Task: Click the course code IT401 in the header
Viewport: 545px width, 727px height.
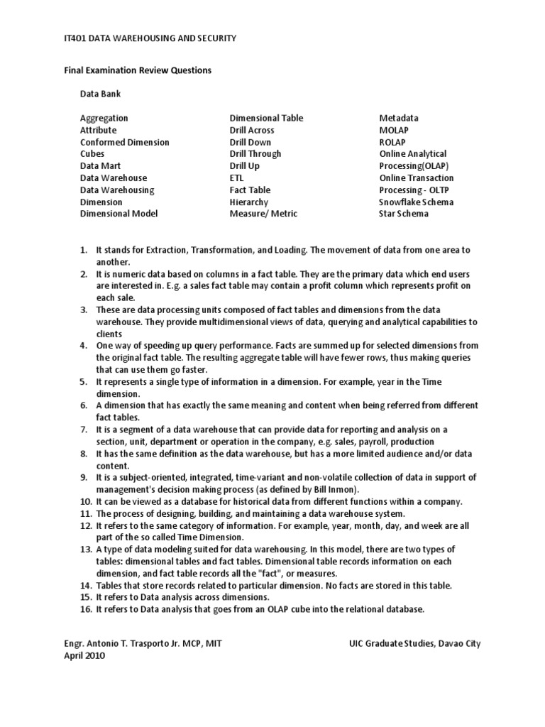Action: pyautogui.click(x=77, y=38)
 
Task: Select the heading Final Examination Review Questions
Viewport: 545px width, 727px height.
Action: pyautogui.click(x=138, y=70)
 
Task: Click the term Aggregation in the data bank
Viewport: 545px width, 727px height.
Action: pyautogui.click(x=104, y=118)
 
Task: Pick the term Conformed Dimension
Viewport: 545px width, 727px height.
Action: pyautogui.click(x=124, y=142)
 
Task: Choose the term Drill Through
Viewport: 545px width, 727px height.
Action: pyautogui.click(x=255, y=153)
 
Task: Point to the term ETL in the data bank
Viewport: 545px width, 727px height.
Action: pyautogui.click(x=236, y=177)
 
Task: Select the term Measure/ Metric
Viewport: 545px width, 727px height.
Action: pyautogui.click(x=263, y=214)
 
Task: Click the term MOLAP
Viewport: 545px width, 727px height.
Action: pyautogui.click(x=394, y=130)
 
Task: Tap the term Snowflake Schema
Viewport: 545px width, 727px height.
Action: pyautogui.click(x=417, y=202)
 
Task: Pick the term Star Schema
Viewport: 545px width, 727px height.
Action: pyautogui.click(x=404, y=214)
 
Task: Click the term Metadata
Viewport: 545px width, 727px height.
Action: pyautogui.click(x=399, y=118)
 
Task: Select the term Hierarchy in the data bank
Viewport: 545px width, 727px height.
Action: pyautogui.click(x=249, y=202)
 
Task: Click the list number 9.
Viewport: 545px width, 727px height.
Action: pyautogui.click(x=83, y=477)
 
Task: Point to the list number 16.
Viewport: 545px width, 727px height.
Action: pyautogui.click(x=84, y=610)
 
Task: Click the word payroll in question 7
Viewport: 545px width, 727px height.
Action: pyautogui.click(x=376, y=442)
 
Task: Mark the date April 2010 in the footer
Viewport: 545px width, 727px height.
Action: pyautogui.click(x=84, y=657)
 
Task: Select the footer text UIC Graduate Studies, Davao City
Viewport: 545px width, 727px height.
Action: pyautogui.click(x=414, y=645)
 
